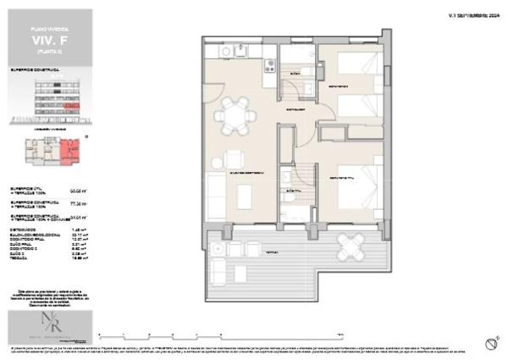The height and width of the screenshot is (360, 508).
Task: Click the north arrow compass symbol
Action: point(489,342)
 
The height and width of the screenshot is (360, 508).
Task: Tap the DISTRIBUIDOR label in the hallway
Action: point(294,111)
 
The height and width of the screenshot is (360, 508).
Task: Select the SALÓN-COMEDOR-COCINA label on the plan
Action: point(246,173)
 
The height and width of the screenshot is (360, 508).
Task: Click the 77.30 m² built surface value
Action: point(77,204)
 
